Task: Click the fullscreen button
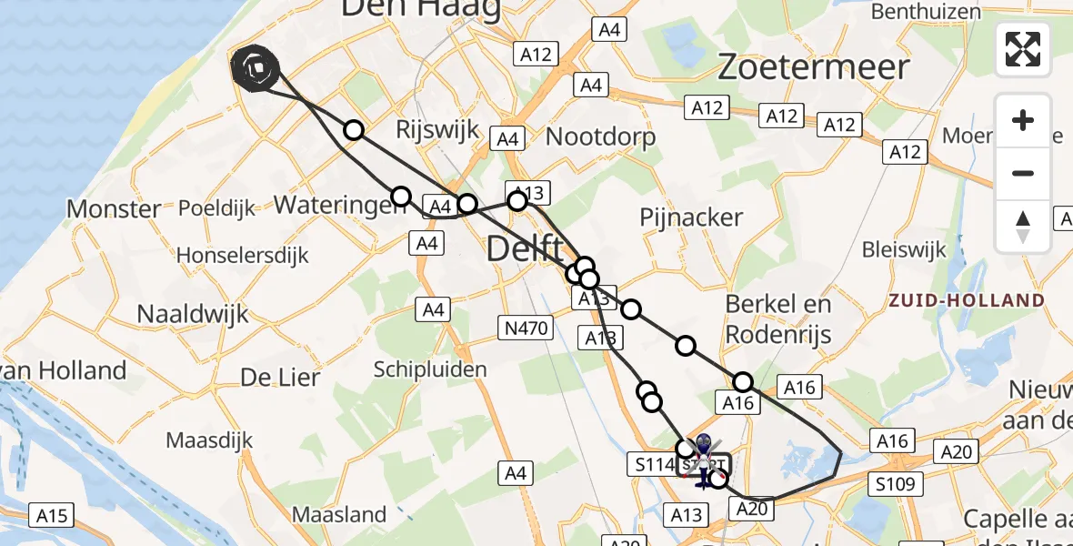1023,49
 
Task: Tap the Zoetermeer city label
814,67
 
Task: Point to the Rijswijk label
437,130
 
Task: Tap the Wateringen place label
339,205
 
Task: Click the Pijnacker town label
691,218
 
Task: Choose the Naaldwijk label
193,315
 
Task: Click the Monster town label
114,209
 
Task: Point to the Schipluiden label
430,369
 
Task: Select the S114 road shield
651,465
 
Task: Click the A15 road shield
52,516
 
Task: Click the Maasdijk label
210,440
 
